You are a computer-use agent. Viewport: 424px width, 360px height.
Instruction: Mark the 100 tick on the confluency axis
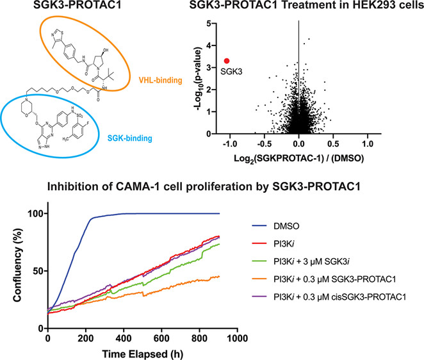point(33,213)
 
